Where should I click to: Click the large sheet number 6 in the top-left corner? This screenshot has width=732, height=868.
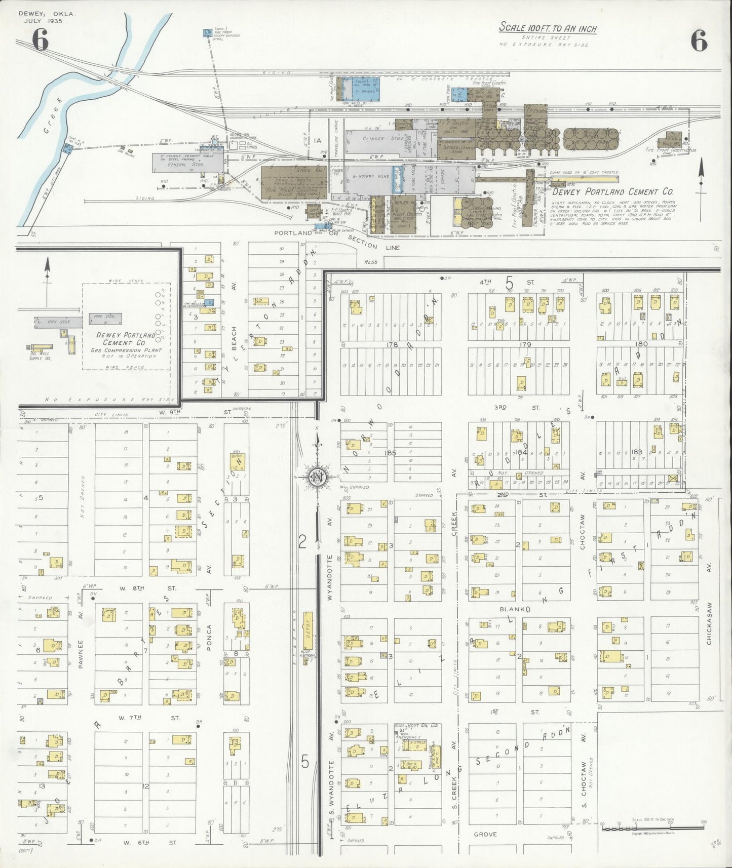tap(40, 40)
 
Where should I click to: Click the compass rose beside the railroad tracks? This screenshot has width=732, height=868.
tap(317, 477)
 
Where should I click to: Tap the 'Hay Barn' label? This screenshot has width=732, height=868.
tap(237, 456)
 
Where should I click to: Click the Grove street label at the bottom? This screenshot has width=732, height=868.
tap(485, 834)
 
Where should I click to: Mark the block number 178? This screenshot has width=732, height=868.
tap(392, 345)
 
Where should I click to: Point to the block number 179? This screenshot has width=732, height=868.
tap(525, 345)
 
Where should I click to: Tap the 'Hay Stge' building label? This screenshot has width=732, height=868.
tap(59, 322)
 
